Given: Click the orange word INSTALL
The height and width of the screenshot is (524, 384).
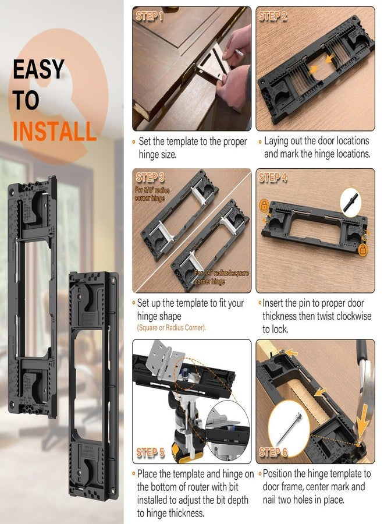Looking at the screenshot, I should pos(54,130).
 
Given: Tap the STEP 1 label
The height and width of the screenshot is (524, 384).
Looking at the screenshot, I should pos(150,16).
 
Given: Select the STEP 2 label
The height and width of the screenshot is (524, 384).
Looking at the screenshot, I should pos(272,16).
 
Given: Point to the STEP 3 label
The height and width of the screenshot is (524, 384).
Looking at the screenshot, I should pos(150,177).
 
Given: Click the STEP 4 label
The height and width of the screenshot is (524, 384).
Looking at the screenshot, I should pos(272,177).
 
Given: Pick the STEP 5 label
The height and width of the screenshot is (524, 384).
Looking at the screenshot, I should pos(150,452).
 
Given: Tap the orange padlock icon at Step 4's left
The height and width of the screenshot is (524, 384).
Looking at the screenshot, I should pos(265,206).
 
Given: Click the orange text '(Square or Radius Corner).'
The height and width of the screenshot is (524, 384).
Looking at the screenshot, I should pos(172,328).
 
